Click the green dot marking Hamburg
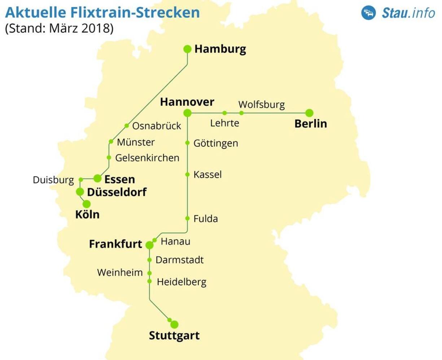click(187, 49)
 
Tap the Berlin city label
click(311, 124)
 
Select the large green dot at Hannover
click(187, 113)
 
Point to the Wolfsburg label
click(262, 105)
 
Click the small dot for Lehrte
click(224, 113)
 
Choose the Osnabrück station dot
click(127, 126)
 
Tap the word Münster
click(136, 142)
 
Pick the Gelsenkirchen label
click(147, 158)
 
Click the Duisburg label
click(53, 180)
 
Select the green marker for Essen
click(97, 178)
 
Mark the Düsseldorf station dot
click(80, 192)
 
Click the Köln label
click(87, 215)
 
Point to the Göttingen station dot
click(187, 143)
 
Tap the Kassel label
click(207, 175)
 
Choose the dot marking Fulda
click(187, 218)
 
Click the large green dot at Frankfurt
click(149, 245)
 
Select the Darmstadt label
click(180, 260)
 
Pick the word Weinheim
click(120, 273)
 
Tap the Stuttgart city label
click(174, 336)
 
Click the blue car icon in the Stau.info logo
click(369, 13)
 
